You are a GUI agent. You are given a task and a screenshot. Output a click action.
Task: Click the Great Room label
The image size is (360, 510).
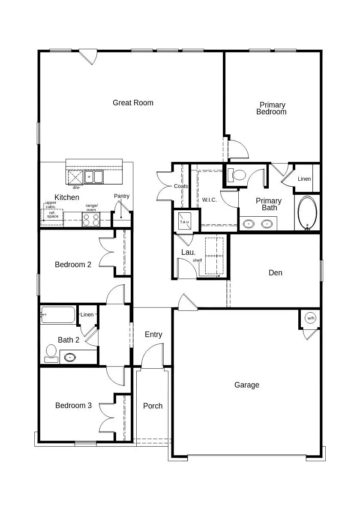tap(133, 103)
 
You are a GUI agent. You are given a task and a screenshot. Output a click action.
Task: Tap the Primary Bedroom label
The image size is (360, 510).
tap(272, 108)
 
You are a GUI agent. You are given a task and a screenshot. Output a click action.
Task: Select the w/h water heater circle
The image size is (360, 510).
tap(310, 318)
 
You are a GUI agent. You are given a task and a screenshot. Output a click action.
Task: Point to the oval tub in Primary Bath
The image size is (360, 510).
tap(307, 213)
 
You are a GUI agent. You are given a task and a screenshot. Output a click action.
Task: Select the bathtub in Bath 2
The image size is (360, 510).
tap(58, 315)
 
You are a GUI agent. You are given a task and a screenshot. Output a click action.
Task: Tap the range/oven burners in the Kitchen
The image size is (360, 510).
tap(91, 220)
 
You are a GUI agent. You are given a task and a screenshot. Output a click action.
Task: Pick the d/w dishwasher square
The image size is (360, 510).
tap(75, 177)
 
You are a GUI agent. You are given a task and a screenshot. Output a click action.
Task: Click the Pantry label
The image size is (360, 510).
tap(122, 196)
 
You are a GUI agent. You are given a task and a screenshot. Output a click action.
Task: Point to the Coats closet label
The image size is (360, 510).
tap(181, 186)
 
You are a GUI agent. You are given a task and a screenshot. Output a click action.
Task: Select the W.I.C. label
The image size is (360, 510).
tap(210, 200)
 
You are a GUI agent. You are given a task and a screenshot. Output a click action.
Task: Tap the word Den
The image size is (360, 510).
tap(276, 273)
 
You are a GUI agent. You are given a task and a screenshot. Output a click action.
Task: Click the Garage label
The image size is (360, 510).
tap(247, 385)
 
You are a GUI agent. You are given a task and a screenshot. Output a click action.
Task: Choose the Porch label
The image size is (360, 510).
tap(153, 406)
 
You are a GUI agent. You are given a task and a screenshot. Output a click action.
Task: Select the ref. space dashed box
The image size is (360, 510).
tap(52, 217)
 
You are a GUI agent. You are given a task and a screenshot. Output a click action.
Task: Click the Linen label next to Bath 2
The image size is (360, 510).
tap(87, 315)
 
